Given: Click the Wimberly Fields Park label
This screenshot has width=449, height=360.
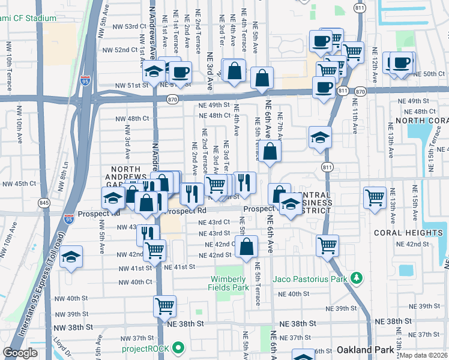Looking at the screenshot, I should coord(229,283).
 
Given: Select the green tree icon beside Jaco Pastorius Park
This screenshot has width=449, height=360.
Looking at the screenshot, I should coord(357,278).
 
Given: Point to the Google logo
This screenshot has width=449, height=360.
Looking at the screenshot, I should coord(20,353).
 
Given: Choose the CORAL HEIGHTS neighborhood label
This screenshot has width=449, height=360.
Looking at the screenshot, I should coord(408,233).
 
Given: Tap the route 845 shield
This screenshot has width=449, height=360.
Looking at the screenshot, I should coord(44,203).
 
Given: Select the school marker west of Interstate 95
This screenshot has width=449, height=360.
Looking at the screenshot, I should coord(71,257).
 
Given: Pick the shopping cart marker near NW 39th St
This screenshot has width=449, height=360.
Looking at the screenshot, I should coord(164,307).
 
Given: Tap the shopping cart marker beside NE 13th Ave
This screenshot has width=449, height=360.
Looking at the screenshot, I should coord(375,197).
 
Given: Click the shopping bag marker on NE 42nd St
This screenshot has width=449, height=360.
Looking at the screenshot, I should coord(246,247).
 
